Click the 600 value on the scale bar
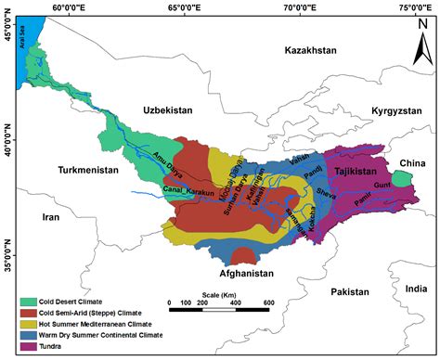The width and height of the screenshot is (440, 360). click(268, 303)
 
